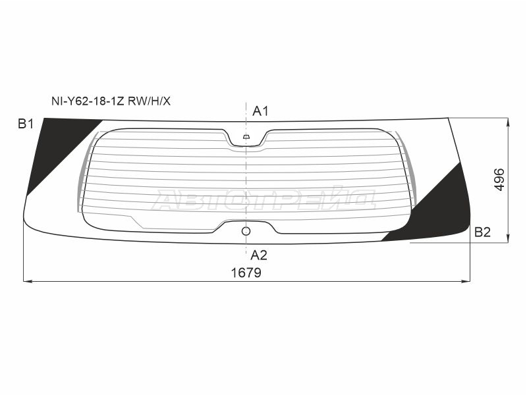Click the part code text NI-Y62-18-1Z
tap(88, 101)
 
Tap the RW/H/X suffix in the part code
tap(150, 101)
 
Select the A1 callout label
tap(260, 111)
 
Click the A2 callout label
tap(259, 255)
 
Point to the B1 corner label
tap(26, 124)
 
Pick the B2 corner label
tap(482, 232)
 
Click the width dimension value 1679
tap(246, 273)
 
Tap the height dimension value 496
tap(500, 180)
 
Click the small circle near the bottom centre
tap(246, 231)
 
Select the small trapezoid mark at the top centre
tap(246, 137)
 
